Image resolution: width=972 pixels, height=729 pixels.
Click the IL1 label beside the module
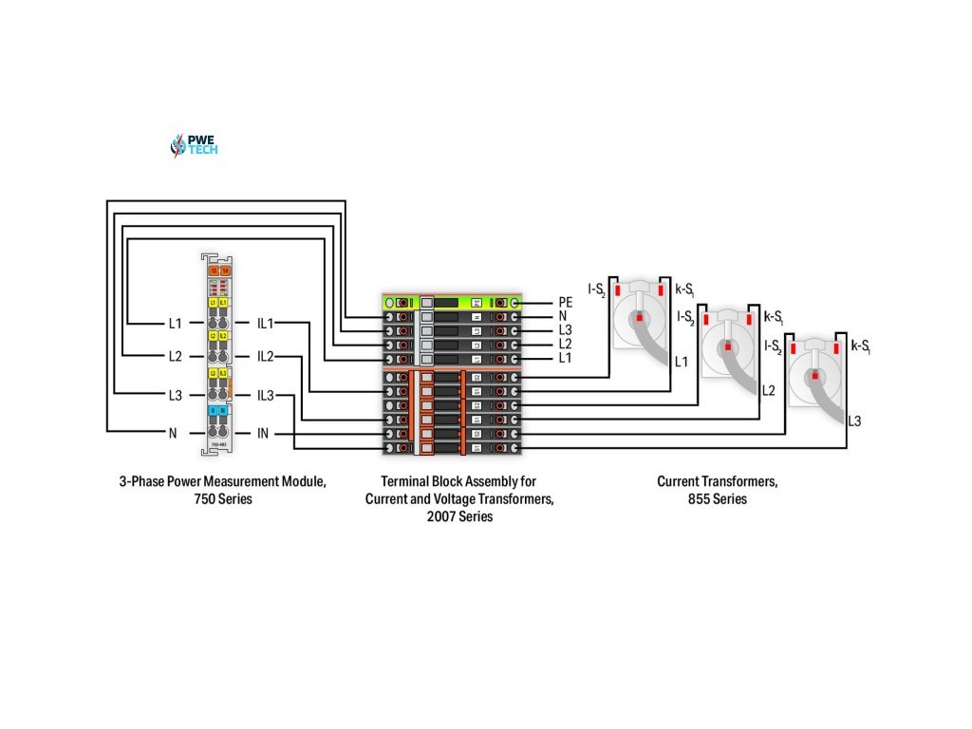pyautogui.click(x=265, y=324)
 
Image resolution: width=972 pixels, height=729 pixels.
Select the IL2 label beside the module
pyautogui.click(x=265, y=357)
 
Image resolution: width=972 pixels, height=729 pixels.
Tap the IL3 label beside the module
pyautogui.click(x=265, y=395)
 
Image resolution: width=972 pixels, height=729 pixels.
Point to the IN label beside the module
pyautogui.click(x=263, y=434)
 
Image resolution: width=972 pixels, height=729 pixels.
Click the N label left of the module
pyautogui.click(x=173, y=434)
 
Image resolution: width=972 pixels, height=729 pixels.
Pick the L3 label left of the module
pyautogui.click(x=175, y=395)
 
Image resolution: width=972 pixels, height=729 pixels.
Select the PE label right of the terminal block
pyautogui.click(x=566, y=302)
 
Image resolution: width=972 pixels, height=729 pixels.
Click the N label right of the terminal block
pyautogui.click(x=563, y=316)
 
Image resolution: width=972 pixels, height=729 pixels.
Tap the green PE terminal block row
pyautogui.click(x=451, y=302)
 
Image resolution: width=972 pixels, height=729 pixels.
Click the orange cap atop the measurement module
pyautogui.click(x=220, y=271)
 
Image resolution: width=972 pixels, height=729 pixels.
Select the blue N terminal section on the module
pyautogui.click(x=218, y=410)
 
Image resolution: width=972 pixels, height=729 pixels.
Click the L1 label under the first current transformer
pyautogui.click(x=681, y=362)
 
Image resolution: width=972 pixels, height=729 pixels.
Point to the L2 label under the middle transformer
pyautogui.click(x=768, y=390)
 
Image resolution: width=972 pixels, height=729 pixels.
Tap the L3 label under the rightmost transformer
pyautogui.click(x=854, y=421)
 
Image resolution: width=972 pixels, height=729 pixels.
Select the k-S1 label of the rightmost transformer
pyautogui.click(x=861, y=346)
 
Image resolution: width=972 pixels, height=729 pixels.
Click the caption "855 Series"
pyautogui.click(x=718, y=499)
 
